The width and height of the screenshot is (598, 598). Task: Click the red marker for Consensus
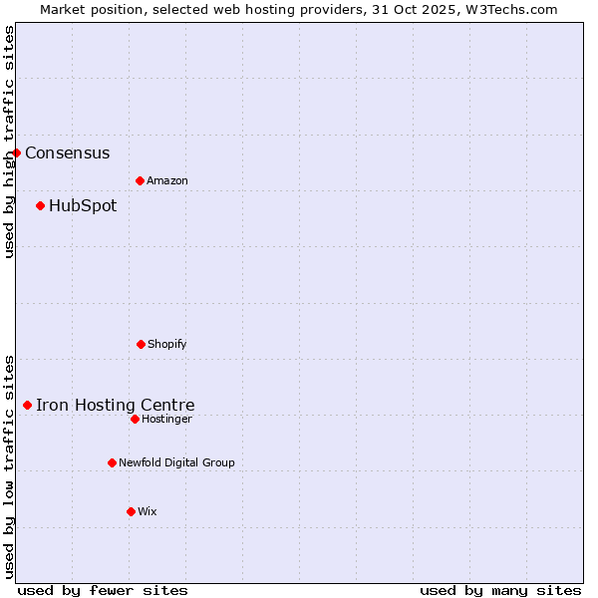pyautogui.click(x=17, y=152)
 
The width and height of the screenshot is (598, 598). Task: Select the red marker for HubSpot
pyautogui.click(x=41, y=205)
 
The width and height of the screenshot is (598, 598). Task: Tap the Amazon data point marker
pyautogui.click(x=140, y=180)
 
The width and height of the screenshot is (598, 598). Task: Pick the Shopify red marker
pyautogui.click(x=141, y=344)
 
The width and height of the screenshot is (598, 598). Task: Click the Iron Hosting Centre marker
pyautogui.click(x=28, y=405)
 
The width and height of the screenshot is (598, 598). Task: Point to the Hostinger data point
pyautogui.click(x=135, y=419)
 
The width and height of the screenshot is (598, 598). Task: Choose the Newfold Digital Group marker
pyautogui.click(x=112, y=462)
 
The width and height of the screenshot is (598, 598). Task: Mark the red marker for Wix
pyautogui.click(x=131, y=511)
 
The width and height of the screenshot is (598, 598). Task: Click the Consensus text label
pyautogui.click(x=68, y=153)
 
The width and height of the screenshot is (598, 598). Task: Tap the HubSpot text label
pyautogui.click(x=83, y=206)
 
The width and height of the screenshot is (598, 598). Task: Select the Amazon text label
pyautogui.click(x=167, y=181)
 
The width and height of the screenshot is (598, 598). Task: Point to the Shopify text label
pyautogui.click(x=167, y=345)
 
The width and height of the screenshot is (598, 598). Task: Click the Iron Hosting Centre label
pyautogui.click(x=116, y=406)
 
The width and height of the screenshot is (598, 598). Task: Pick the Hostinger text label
pyautogui.click(x=166, y=420)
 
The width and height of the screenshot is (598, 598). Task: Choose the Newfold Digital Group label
pyautogui.click(x=176, y=463)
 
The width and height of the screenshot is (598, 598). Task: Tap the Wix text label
pyautogui.click(x=148, y=512)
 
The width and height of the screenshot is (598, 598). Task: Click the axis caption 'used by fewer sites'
pyautogui.click(x=103, y=590)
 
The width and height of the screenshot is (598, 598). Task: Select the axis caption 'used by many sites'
pyautogui.click(x=500, y=590)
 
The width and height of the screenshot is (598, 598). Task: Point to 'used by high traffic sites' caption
pyautogui.click(x=9, y=142)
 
